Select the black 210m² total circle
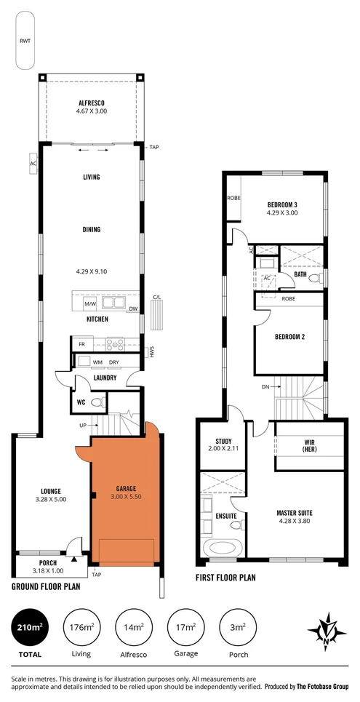click(29, 626)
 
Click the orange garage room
click(120, 495)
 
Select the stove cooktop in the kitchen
click(116, 344)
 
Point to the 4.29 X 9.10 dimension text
click(92, 271)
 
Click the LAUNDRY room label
click(105, 378)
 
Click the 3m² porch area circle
click(238, 626)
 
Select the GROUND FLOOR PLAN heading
click(46, 586)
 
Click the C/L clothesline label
click(156, 297)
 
